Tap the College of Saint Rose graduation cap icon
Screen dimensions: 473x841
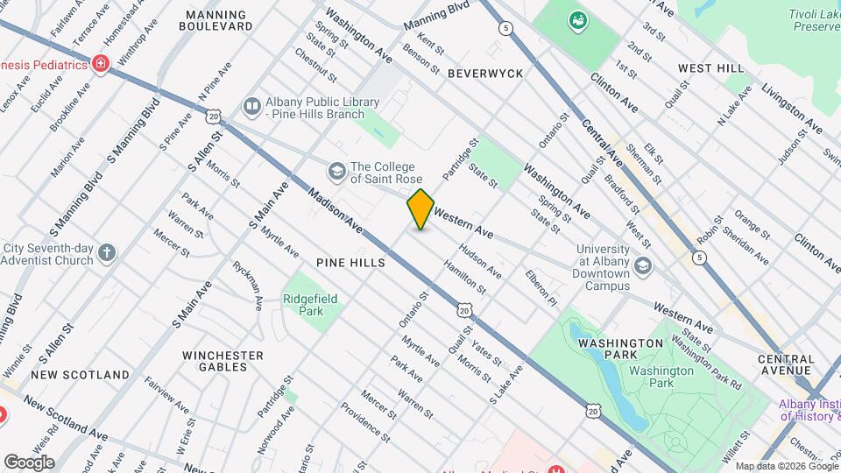click(x=336, y=170)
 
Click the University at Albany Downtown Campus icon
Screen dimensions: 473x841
click(x=644, y=265)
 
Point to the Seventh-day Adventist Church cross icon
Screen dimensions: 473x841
click(x=107, y=254)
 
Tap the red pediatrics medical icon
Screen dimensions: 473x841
click(x=101, y=64)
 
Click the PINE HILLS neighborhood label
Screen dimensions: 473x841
click(x=351, y=263)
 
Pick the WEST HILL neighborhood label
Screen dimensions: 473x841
click(x=710, y=68)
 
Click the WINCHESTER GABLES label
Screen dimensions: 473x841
click(x=223, y=361)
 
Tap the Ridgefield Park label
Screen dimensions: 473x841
click(x=310, y=305)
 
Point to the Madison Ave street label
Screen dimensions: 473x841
click(x=336, y=211)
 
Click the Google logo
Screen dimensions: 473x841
click(x=29, y=462)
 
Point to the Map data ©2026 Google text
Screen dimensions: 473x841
click(x=786, y=466)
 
